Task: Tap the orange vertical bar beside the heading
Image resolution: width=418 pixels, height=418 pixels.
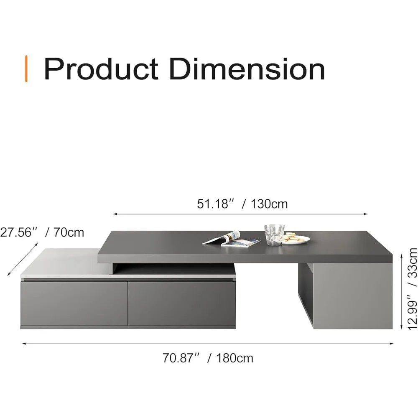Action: pyautogui.click(x=27, y=69)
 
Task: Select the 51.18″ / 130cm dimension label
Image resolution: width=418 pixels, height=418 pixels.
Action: pyautogui.click(x=242, y=204)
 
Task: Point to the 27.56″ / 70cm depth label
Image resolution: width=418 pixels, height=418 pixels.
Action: pyautogui.click(x=42, y=232)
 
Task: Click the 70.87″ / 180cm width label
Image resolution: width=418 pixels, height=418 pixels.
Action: pyautogui.click(x=208, y=358)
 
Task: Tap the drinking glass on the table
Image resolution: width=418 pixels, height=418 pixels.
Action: pyautogui.click(x=274, y=234)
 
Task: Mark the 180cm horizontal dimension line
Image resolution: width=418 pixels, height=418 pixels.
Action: pyautogui.click(x=208, y=344)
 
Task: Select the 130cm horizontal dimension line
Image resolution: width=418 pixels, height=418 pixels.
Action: pyautogui.click(x=240, y=214)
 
